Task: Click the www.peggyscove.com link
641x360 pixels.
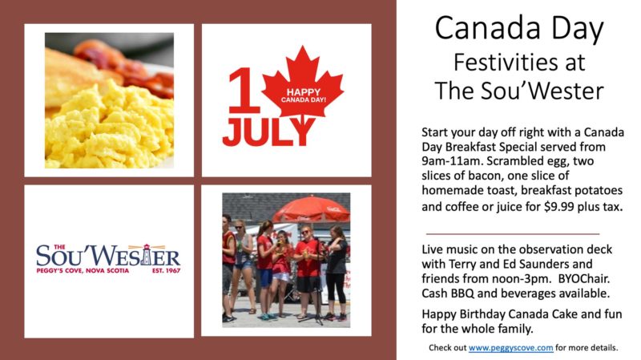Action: [510, 348]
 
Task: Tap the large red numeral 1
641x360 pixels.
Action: [244, 91]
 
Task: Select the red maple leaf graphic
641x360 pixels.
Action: [303, 85]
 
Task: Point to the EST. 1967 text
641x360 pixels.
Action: [167, 270]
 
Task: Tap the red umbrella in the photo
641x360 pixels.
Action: [312, 208]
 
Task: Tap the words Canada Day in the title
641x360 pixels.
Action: [519, 29]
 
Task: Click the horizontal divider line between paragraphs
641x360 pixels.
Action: [513, 234]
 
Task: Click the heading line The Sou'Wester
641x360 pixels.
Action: [519, 91]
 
